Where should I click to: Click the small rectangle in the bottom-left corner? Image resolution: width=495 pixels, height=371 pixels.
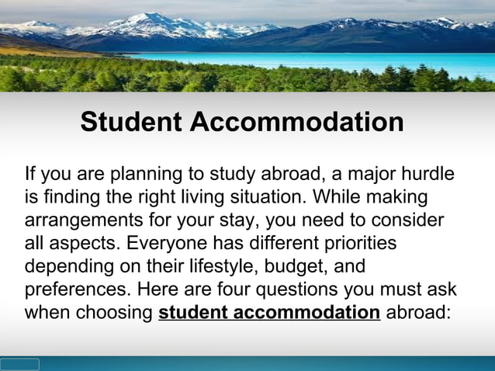[19, 364]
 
